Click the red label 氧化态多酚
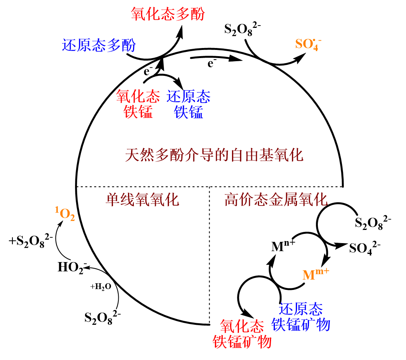click(167, 14)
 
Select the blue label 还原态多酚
click(99, 46)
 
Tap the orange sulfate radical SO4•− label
click(308, 44)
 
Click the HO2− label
click(72, 267)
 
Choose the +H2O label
click(101, 286)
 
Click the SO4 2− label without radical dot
click(364, 248)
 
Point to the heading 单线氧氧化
click(142, 200)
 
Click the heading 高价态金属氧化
click(276, 200)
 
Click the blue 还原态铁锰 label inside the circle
click(188, 104)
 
